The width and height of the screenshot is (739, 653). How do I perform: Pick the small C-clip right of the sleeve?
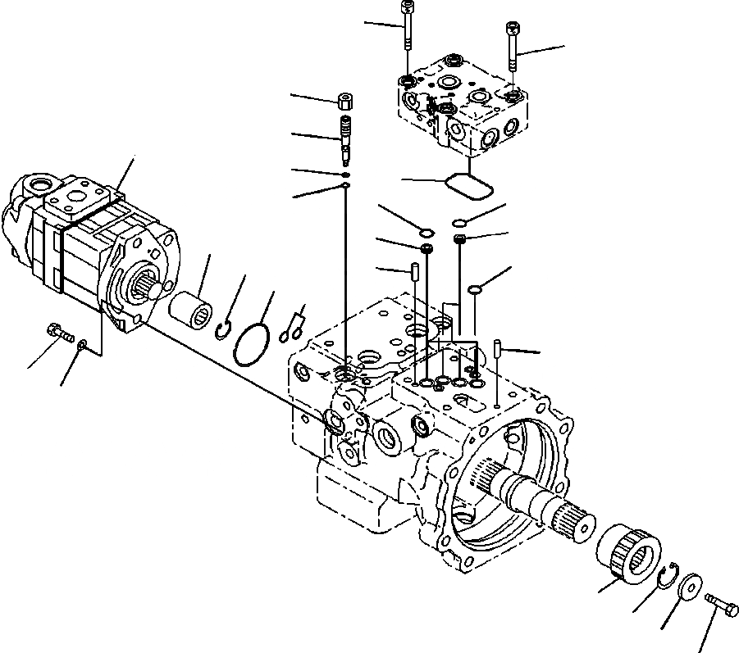222,329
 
